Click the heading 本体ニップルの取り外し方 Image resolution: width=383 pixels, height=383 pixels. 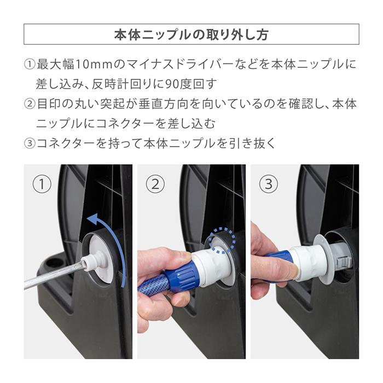(x=191, y=34)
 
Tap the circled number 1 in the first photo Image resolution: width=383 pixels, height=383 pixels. (x=42, y=184)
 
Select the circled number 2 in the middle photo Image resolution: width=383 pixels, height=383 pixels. (x=155, y=184)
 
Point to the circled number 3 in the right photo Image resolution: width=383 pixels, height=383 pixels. (x=268, y=184)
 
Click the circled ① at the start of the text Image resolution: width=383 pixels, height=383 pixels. (x=30, y=65)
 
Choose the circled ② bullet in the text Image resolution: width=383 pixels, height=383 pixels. (x=30, y=104)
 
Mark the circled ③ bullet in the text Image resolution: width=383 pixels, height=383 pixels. (x=30, y=143)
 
